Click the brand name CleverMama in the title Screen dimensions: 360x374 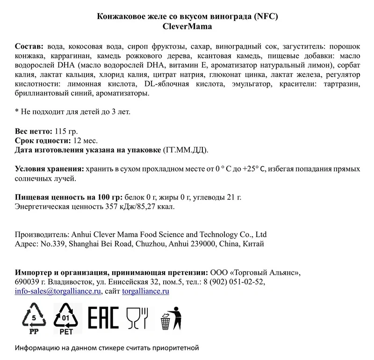tap(187, 27)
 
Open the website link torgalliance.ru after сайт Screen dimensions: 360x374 tap(145, 291)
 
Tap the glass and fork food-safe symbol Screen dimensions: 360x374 tap(137, 318)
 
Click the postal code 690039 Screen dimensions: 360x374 tap(27, 282)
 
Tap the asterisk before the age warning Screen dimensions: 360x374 tap(17, 112)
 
